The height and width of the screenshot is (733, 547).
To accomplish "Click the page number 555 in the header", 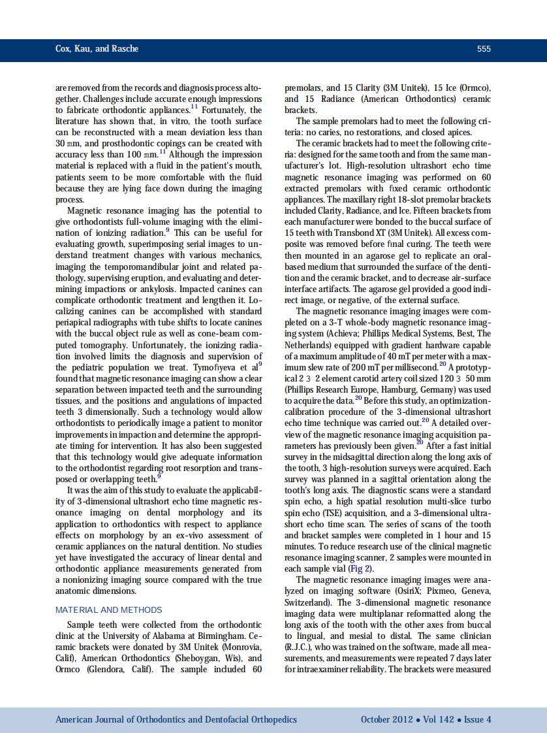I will [484, 49].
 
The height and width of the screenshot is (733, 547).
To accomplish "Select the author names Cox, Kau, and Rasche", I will [97, 49].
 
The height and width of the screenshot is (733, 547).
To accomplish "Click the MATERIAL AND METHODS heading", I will [109, 610].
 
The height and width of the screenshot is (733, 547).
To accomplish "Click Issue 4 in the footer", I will [478, 719].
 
